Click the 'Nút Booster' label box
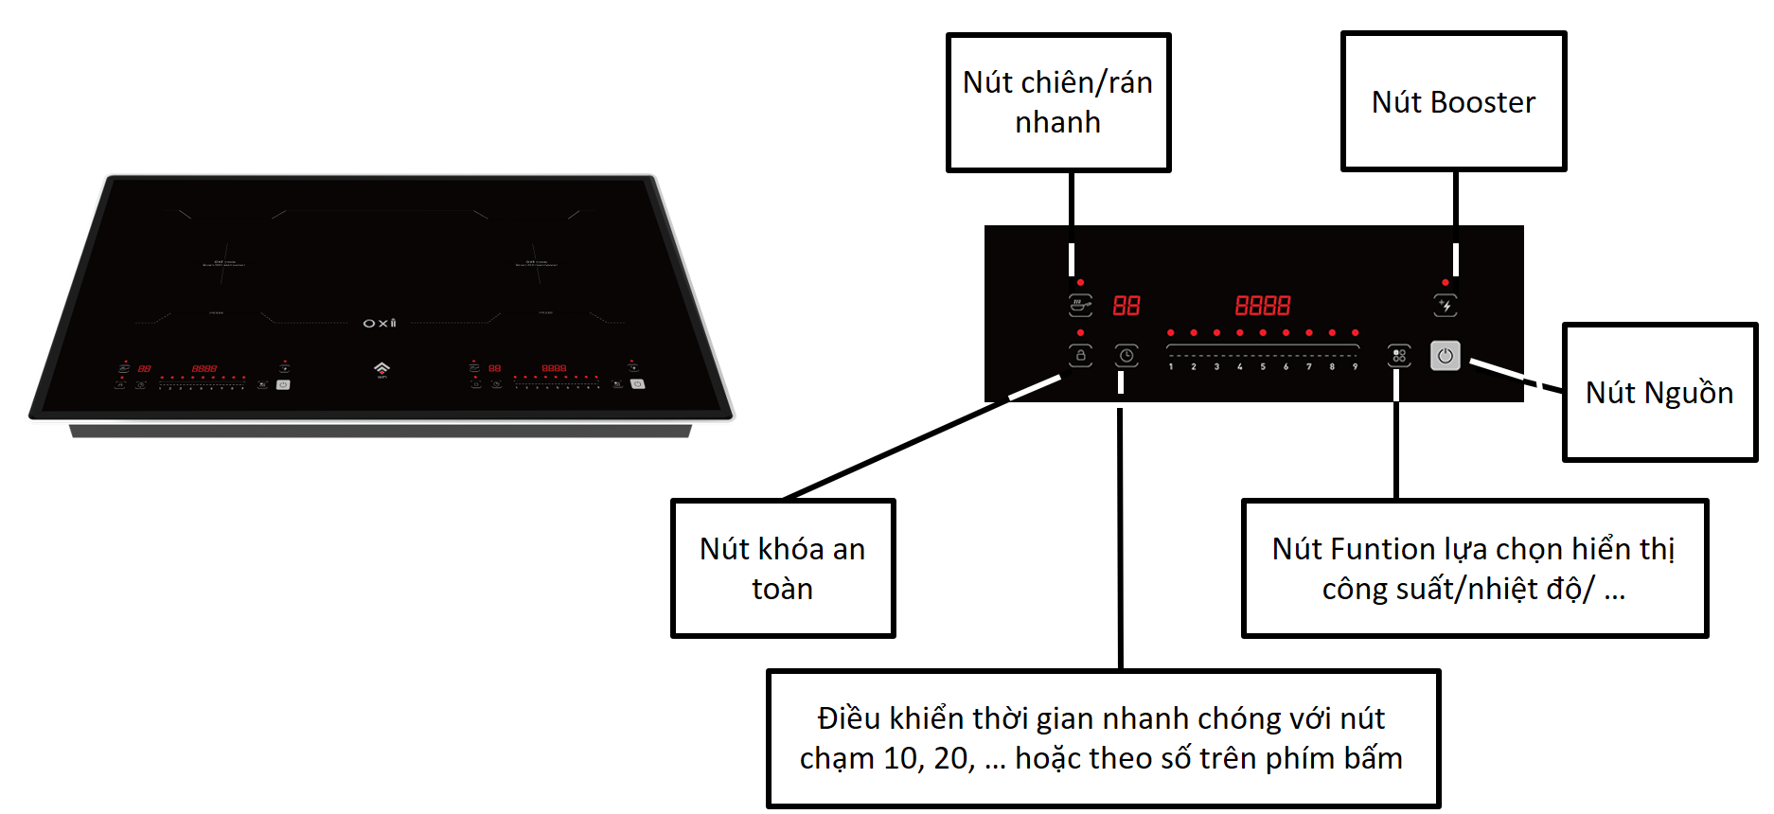click(x=1453, y=101)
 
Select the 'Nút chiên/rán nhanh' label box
click(x=1057, y=102)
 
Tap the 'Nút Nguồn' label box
click(x=1659, y=392)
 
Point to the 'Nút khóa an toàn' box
click(x=782, y=568)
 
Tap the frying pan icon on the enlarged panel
click(x=1080, y=305)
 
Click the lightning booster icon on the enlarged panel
click(x=1446, y=305)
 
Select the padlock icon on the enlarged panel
click(x=1080, y=356)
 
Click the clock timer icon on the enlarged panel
click(x=1126, y=356)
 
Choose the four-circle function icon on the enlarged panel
click(x=1399, y=356)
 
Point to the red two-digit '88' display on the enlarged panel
click(x=1126, y=305)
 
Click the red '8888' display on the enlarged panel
click(x=1263, y=305)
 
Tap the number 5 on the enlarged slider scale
click(x=1263, y=367)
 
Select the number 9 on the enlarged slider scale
click(x=1355, y=367)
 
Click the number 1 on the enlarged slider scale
click(x=1171, y=367)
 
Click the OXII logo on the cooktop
click(x=380, y=324)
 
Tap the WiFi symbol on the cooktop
click(x=381, y=367)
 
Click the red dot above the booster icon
click(x=1446, y=282)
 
